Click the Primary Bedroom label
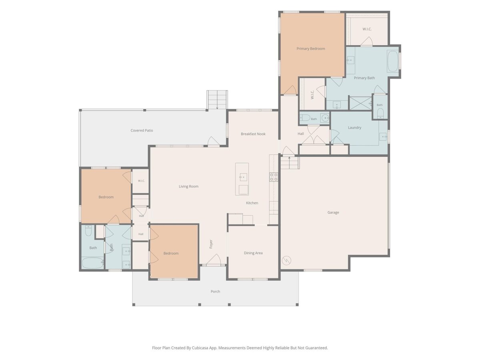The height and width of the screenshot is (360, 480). pos(310,49)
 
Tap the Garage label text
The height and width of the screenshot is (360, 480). pos(333,212)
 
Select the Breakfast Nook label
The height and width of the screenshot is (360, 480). pos(253,134)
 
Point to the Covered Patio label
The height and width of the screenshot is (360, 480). pos(142,130)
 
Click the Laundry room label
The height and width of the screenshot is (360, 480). pos(354,128)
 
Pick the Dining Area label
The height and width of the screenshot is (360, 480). pos(253,253)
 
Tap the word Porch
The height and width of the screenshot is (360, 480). pos(215,291)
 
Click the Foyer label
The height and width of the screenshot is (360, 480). pos(211,244)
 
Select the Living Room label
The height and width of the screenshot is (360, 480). pos(188,186)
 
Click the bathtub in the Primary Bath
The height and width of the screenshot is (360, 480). pos(393,61)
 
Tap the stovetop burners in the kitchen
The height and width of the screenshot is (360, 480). pos(274,177)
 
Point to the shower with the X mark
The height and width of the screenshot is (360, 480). pos(360,103)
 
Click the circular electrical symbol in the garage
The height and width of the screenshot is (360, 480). pos(286,260)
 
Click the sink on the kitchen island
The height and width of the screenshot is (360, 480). pos(243,177)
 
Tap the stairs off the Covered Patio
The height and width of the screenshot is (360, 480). pos(217,100)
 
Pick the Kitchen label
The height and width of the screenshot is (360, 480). pos(252,203)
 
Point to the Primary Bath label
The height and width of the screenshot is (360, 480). pos(364,78)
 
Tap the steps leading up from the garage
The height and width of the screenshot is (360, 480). pos(290,163)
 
